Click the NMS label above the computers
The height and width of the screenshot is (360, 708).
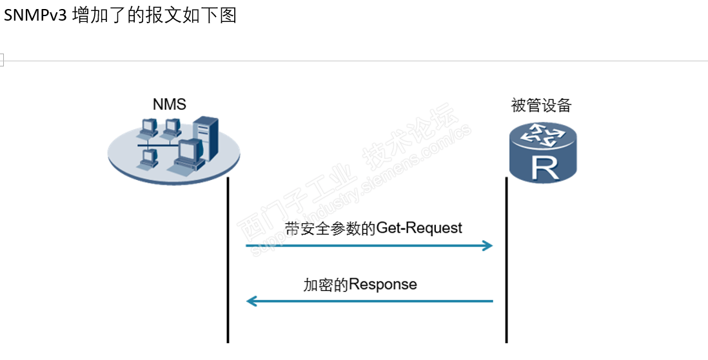pos(169,105)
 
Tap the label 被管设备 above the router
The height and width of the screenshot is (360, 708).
pos(541,105)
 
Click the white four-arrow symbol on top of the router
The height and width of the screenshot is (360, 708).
pos(543,136)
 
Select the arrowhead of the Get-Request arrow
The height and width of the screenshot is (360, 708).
pos(489,246)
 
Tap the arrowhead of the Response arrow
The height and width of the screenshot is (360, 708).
pos(251,301)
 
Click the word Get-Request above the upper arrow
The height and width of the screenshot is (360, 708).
pos(419,228)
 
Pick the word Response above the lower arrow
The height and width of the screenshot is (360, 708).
pos(383,284)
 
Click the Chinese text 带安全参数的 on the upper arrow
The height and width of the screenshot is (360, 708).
pos(330,228)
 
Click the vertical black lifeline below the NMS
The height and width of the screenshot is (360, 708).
pos(228,271)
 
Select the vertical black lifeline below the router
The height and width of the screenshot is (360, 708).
pos(506,271)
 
